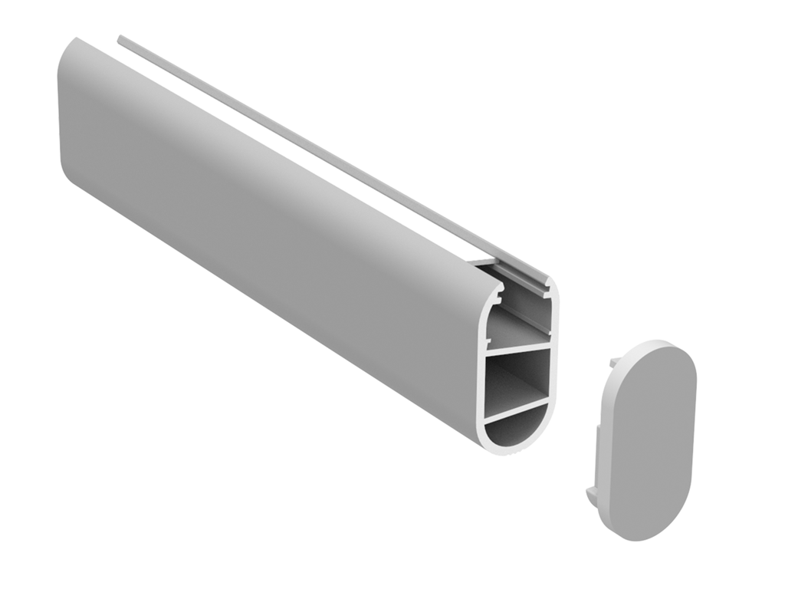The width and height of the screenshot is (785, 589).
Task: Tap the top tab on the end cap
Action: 616,361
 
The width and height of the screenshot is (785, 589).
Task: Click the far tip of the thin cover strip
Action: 121,38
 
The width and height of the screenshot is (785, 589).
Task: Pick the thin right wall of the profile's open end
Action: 554,345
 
